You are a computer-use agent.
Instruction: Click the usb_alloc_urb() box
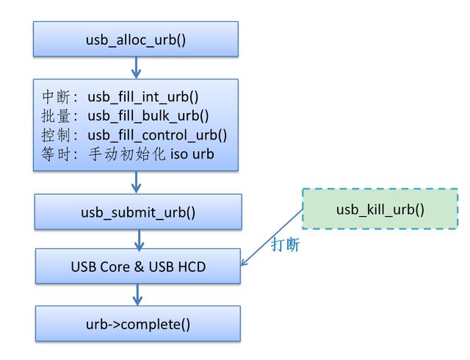(x=136, y=39)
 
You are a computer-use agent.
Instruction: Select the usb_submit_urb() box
(x=138, y=212)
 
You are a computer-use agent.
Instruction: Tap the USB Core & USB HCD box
(x=138, y=266)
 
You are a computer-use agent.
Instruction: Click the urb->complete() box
(x=138, y=323)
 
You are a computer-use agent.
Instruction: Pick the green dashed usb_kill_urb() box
(x=380, y=209)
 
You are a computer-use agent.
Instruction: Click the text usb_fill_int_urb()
(x=143, y=96)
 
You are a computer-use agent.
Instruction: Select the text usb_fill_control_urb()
(x=157, y=134)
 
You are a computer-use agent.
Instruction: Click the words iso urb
(x=192, y=154)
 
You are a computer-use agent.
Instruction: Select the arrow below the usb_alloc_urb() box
(x=136, y=68)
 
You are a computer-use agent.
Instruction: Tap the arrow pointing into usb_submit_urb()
(x=137, y=182)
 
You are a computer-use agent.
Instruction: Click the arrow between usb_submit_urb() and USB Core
(x=139, y=239)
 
